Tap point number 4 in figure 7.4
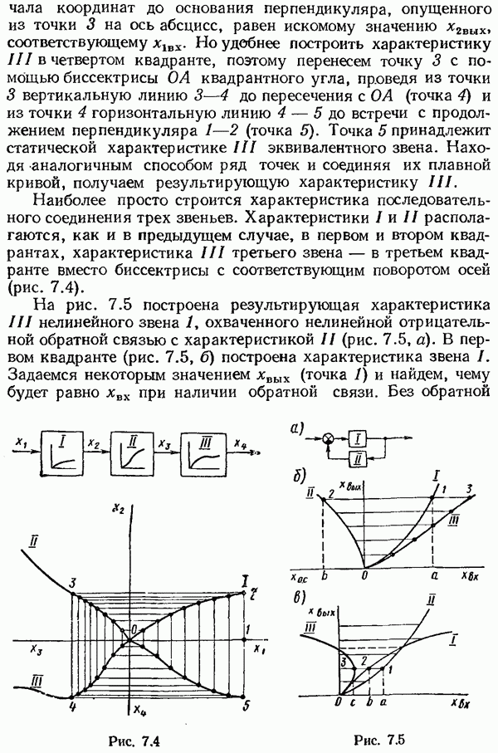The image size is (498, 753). pos(72,707)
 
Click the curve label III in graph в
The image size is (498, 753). pos(310,633)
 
